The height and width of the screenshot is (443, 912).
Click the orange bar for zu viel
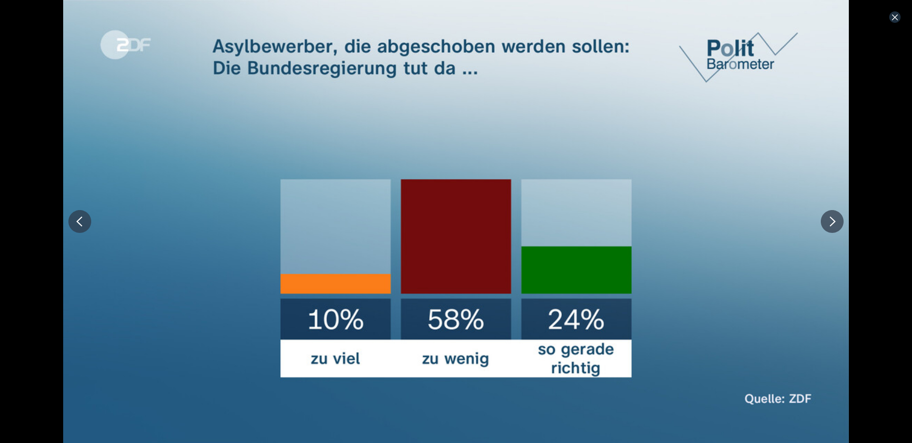click(335, 283)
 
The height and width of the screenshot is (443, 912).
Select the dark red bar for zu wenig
click(456, 236)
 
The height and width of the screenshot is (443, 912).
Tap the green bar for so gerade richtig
click(576, 270)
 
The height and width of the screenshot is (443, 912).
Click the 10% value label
click(335, 319)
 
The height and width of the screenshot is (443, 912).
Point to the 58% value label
click(456, 319)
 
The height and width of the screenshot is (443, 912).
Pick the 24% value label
click(576, 319)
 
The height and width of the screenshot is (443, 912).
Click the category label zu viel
click(335, 358)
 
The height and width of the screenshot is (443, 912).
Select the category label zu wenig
click(456, 358)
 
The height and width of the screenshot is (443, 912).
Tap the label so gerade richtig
click(576, 358)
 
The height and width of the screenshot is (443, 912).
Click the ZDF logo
click(125, 45)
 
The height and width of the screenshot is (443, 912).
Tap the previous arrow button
click(80, 221)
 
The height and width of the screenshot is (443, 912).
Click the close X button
click(894, 17)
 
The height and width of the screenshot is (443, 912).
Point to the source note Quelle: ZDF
click(778, 398)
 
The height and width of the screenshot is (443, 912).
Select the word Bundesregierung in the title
click(322, 68)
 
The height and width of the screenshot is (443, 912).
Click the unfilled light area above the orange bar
click(335, 226)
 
